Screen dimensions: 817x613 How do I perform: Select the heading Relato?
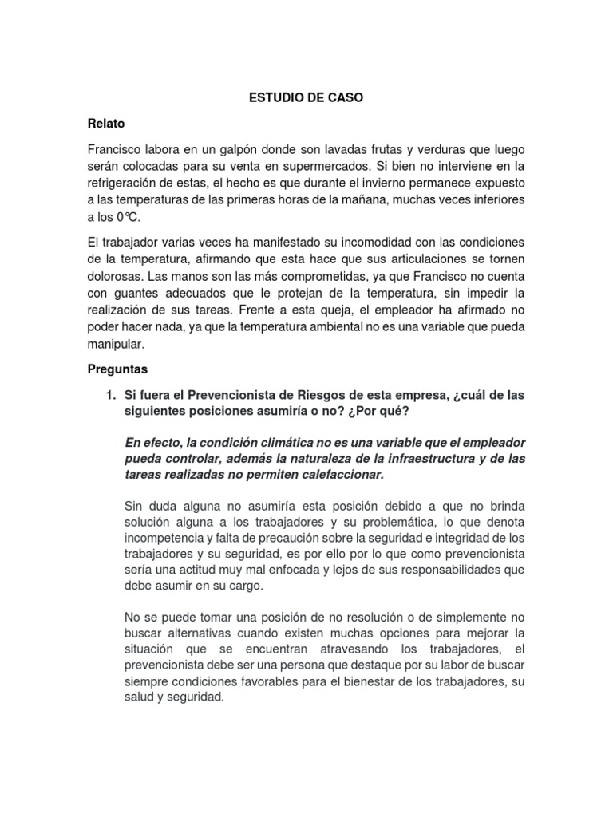[x=106, y=124]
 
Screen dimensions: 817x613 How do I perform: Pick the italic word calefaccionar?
[x=339, y=475]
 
